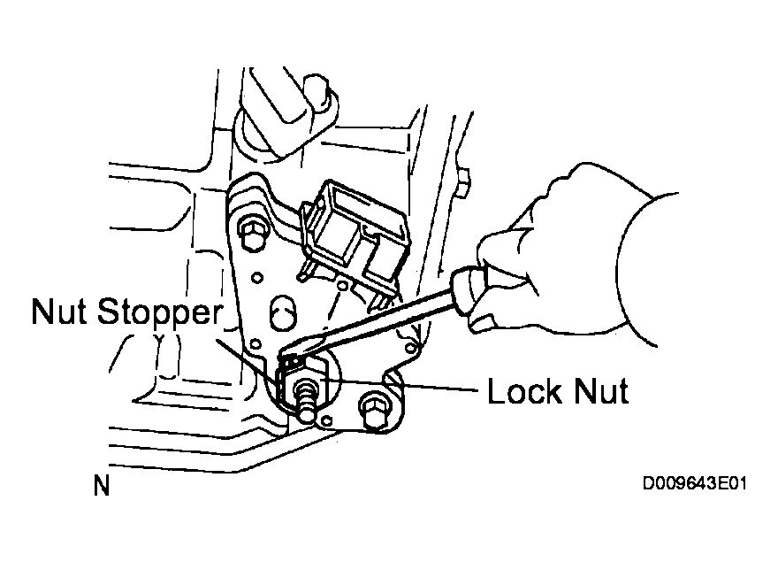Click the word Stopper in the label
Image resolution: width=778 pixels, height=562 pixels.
[x=160, y=313]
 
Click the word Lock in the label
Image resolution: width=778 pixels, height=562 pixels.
[x=525, y=391]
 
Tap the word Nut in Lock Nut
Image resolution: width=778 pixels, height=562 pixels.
[x=601, y=391]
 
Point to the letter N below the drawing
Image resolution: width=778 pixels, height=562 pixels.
[x=101, y=486]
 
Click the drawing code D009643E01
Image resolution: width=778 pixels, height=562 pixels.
[x=695, y=483]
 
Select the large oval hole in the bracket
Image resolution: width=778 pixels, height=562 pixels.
[x=283, y=313]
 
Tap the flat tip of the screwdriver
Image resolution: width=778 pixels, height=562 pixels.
[x=289, y=353]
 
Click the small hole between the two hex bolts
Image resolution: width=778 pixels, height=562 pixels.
[x=256, y=278]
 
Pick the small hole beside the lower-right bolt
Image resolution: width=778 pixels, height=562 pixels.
[x=326, y=421]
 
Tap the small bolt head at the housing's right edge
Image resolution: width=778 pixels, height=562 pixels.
[x=463, y=183]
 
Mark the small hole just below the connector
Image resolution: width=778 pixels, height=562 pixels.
[x=342, y=286]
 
